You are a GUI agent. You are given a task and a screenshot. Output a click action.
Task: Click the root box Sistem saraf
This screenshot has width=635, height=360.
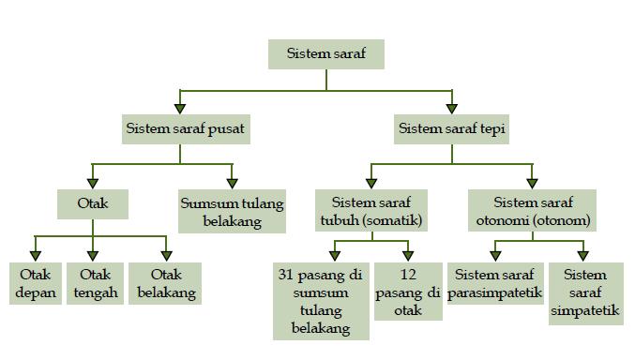pyautogui.click(x=325, y=53)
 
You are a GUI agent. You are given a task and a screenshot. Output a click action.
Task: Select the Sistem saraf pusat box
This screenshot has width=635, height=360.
pyautogui.click(x=186, y=128)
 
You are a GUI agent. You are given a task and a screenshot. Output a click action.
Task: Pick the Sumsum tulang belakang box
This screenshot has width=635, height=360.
pyautogui.click(x=232, y=212)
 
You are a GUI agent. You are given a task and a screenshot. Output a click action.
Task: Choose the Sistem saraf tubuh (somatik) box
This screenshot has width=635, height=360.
pyautogui.click(x=371, y=212)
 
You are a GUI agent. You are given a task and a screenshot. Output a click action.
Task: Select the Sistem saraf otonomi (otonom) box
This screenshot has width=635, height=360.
pyautogui.click(x=533, y=212)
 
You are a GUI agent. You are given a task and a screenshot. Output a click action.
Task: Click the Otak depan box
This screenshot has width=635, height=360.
pyautogui.click(x=36, y=284)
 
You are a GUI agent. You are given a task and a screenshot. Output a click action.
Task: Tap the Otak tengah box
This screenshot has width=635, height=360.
pyautogui.click(x=95, y=284)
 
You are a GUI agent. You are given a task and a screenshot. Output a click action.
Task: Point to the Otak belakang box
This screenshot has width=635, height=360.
pyautogui.click(x=167, y=284)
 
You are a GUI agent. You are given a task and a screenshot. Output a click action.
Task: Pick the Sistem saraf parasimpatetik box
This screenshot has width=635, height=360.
pyautogui.click(x=495, y=284)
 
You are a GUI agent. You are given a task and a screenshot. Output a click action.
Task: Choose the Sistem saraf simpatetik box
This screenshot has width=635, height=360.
pyautogui.click(x=586, y=293)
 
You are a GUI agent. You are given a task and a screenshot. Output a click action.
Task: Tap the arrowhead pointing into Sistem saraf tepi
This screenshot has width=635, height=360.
pyautogui.click(x=453, y=109)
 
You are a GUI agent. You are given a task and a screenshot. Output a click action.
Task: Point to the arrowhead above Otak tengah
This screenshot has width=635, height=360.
pyautogui.click(x=93, y=255)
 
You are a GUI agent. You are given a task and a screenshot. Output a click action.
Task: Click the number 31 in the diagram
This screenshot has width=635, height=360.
pyautogui.click(x=289, y=276)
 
